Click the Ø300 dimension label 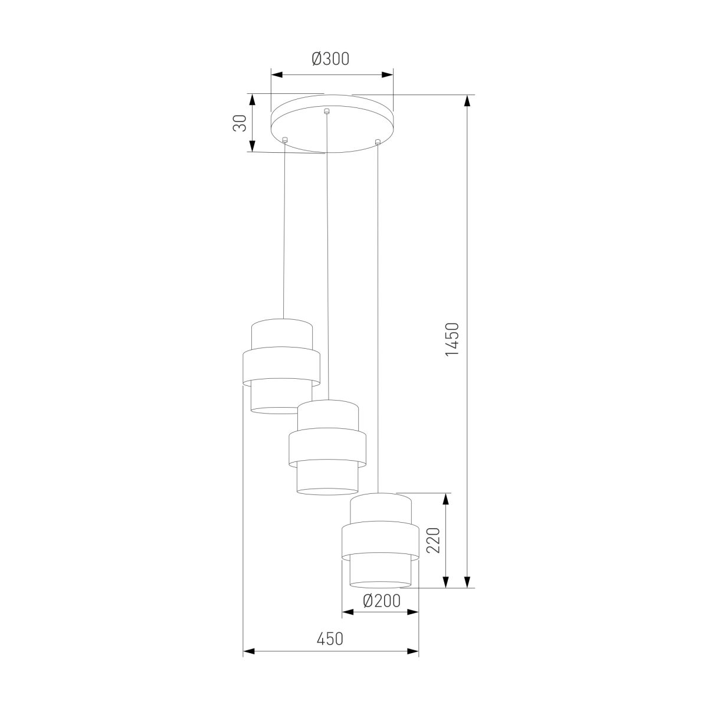pos(330,59)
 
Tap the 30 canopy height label pos(240,123)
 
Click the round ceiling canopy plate pos(332,124)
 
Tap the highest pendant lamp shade pos(281,366)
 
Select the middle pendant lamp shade pos(327,447)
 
